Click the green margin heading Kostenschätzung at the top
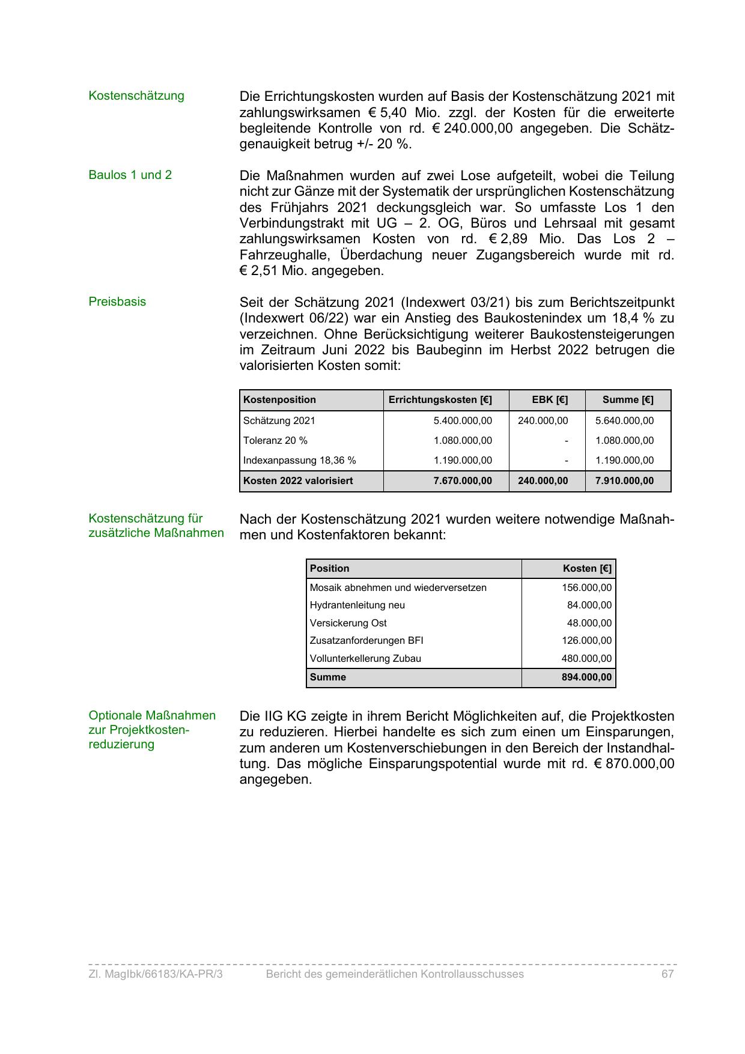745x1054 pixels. [136, 96]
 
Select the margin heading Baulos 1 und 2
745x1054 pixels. [130, 175]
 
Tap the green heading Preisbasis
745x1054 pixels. [117, 302]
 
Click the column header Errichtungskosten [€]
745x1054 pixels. [440, 400]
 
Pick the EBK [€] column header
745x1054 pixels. [550, 400]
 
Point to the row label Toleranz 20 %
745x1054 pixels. [275, 441]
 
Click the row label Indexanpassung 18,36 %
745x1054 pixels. [299, 461]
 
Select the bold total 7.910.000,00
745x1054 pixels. [624, 481]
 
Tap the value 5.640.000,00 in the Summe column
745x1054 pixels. [624, 421]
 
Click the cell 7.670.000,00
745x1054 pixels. [462, 481]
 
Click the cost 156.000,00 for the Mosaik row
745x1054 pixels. [586, 588]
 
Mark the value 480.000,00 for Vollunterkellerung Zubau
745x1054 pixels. [586, 659]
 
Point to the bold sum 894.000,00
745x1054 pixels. [586, 677]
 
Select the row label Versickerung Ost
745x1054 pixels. [348, 623]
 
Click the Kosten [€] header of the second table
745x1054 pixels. [587, 569]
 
